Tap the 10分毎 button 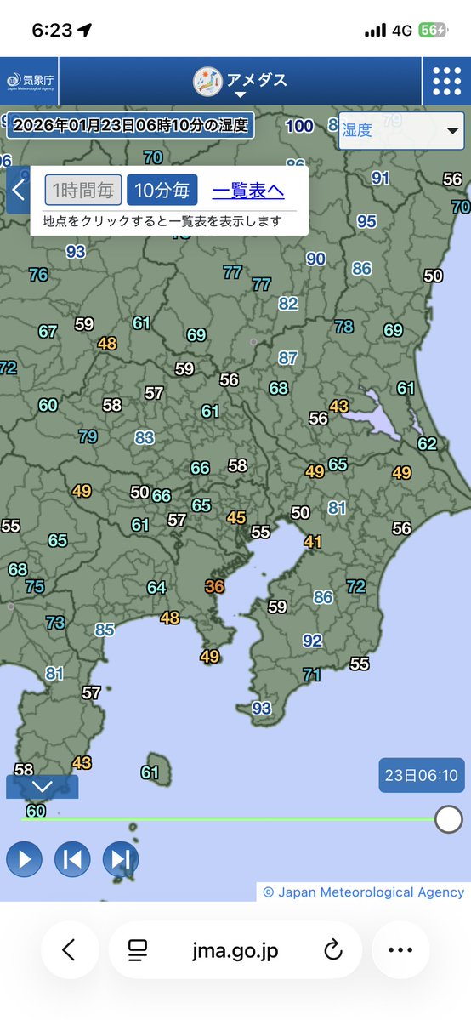click(162, 190)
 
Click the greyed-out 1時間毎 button click(83, 190)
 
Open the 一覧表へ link click(248, 190)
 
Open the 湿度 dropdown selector click(401, 130)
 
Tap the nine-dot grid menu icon click(446, 81)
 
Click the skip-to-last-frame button click(121, 859)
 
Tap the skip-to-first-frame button click(72, 859)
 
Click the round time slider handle click(448, 819)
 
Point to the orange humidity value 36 click(215, 586)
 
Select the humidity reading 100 click(299, 126)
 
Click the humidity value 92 click(313, 641)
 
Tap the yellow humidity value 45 click(236, 517)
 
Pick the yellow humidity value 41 click(313, 541)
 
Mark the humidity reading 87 click(288, 358)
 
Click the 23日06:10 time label click(421, 775)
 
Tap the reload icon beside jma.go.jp click(333, 949)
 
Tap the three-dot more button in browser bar click(400, 949)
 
